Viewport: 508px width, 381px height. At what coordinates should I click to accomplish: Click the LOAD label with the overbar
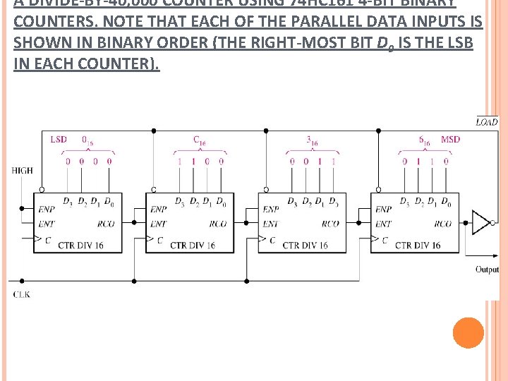coord(487,121)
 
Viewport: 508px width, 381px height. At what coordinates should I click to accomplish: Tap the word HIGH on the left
coord(22,170)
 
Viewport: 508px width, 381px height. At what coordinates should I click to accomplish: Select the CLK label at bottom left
coord(21,294)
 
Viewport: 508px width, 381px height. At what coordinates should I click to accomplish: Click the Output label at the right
coord(487,270)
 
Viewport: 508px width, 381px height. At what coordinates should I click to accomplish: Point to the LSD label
coord(59,139)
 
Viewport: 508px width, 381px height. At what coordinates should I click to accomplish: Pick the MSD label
coord(450,139)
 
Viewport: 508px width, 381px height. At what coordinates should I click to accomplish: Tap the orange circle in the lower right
coord(468,333)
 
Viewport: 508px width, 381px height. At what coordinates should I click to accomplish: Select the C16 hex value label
coord(200,140)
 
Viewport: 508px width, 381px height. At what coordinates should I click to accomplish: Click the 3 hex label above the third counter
coord(312,140)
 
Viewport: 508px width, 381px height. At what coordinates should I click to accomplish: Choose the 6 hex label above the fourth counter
coord(424,140)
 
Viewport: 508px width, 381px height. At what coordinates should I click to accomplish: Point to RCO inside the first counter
coord(107,224)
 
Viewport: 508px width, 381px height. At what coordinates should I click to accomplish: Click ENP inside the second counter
coord(159,210)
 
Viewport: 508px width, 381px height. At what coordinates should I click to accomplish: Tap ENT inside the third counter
coord(270,224)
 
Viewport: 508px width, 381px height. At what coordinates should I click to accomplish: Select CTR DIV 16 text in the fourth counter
coord(418,246)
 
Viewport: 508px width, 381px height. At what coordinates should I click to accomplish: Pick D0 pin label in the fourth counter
coord(445,203)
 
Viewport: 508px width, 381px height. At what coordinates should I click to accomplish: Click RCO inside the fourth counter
coord(442,224)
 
